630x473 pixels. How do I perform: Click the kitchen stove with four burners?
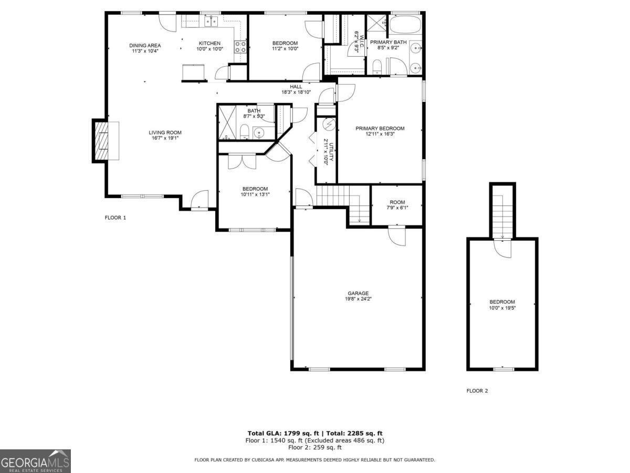(240, 47)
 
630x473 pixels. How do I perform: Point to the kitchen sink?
(211, 21)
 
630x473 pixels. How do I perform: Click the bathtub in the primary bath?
(405, 24)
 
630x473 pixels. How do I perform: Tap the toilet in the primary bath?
(376, 66)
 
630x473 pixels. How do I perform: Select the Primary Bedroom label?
(380, 128)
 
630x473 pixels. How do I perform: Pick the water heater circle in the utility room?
(329, 125)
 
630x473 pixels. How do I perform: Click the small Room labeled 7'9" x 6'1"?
(397, 202)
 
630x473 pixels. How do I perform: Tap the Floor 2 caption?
(477, 390)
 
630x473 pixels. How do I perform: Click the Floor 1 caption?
(115, 217)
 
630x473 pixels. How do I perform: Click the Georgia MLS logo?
(35, 461)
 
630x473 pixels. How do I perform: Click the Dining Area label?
(145, 45)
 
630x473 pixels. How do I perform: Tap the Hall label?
(296, 86)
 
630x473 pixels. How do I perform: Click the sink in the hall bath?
(259, 132)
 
